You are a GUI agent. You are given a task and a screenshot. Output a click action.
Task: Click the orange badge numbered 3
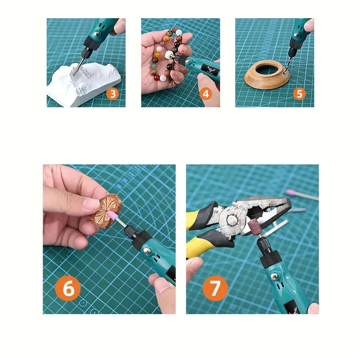[112, 94]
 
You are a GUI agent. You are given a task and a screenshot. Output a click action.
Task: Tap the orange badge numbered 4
[206, 94]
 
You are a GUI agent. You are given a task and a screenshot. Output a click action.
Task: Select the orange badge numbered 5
[299, 94]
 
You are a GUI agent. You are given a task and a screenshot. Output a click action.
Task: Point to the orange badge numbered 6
[68, 288]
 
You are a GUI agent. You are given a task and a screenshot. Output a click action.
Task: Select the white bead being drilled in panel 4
[170, 56]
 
